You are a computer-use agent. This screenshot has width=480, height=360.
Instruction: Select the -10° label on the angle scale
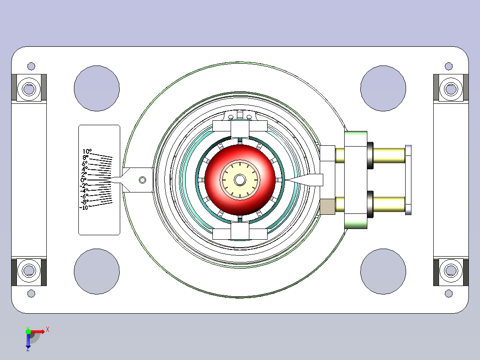(x=84, y=208)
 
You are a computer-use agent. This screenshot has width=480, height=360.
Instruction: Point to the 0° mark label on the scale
(x=83, y=180)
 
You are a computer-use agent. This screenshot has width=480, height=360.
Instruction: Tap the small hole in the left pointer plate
(x=142, y=180)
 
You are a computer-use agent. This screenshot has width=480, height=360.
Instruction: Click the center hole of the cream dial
(x=240, y=180)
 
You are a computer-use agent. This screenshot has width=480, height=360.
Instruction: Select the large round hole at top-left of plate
(x=97, y=88)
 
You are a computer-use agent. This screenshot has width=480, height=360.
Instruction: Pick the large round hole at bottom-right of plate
(x=383, y=272)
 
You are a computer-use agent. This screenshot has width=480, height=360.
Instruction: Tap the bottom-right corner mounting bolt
(x=451, y=270)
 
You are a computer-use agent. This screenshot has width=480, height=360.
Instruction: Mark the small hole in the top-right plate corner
(x=449, y=66)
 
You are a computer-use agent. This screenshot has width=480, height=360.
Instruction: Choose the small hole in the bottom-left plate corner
(x=31, y=293)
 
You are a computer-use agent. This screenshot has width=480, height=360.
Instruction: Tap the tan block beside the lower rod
(x=327, y=207)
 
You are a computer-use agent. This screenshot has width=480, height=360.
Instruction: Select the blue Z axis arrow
(x=28, y=341)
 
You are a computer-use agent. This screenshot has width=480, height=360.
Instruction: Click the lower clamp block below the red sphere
(x=240, y=232)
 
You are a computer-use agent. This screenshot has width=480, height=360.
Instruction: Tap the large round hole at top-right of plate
(x=383, y=88)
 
